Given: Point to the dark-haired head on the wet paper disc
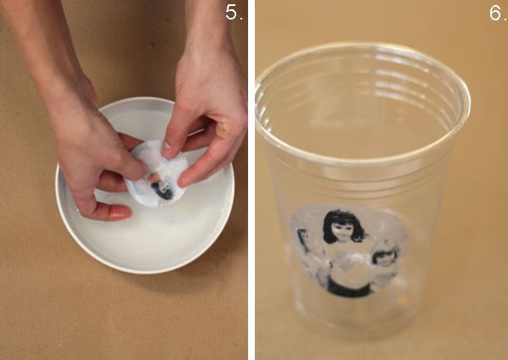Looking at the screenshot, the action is point(163,190).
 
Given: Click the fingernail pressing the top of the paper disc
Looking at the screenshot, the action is point(167,149).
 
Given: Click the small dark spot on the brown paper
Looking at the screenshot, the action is point(152,44).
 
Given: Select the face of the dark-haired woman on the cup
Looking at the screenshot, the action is point(342,230).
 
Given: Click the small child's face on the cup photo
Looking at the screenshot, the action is point(384,258).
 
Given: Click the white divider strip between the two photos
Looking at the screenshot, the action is point(251,180).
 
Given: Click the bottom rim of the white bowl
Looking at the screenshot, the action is point(146,269).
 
